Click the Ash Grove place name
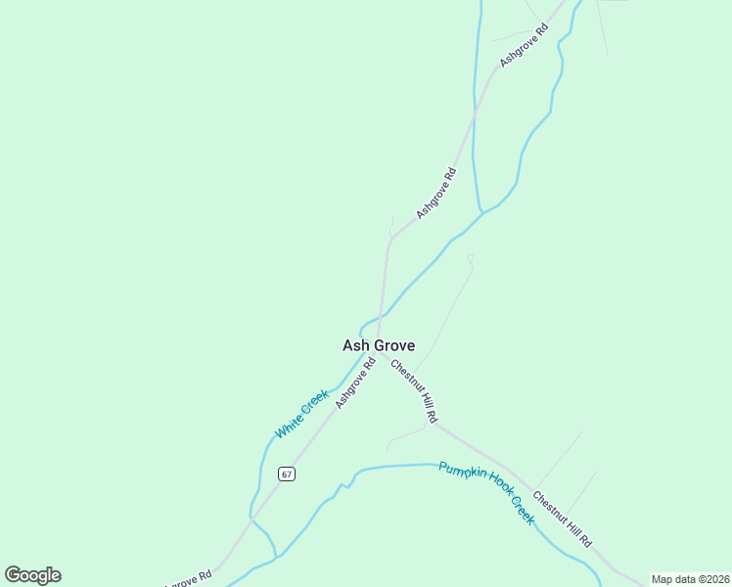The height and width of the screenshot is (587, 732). [378, 345]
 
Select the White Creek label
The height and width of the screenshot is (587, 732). [301, 415]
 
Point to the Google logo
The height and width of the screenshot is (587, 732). [32, 575]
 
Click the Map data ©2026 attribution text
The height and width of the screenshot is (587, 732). [690, 579]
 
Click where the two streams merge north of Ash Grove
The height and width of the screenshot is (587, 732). [480, 211]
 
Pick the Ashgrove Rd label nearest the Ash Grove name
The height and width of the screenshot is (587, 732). [355, 384]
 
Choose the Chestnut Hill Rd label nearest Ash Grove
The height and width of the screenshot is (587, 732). [414, 391]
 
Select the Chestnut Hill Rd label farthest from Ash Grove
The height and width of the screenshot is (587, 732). [564, 519]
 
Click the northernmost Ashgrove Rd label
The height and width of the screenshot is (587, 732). [525, 42]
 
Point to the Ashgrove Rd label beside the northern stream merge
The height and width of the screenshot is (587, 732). [436, 193]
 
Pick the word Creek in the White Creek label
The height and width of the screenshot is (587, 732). [314, 403]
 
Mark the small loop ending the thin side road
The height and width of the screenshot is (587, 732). [470, 258]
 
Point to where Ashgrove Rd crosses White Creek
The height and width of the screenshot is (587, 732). [381, 318]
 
